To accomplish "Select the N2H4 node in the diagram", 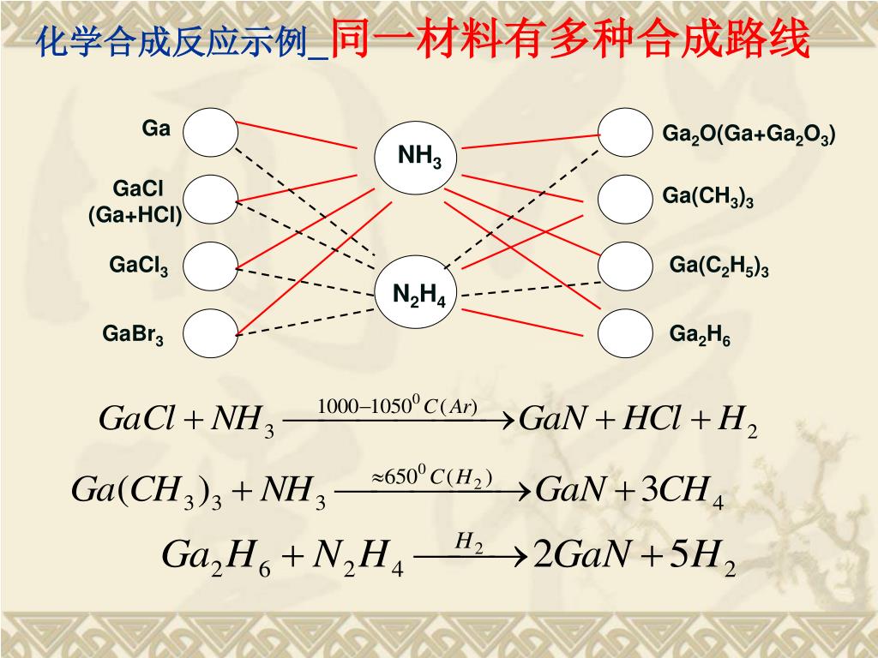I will [418, 293].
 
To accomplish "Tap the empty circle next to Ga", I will [210, 133].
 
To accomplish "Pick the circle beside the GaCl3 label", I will [210, 266].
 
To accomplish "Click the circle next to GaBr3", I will [210, 333].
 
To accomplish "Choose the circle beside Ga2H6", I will [625, 333].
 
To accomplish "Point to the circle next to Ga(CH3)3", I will [625, 200].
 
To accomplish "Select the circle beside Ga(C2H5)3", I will [625, 266].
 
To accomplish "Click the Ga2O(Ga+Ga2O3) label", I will [749, 135].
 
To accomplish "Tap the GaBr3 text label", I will [133, 333].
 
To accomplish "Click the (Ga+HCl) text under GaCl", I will [135, 215].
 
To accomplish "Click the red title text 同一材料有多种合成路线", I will [569, 39].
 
